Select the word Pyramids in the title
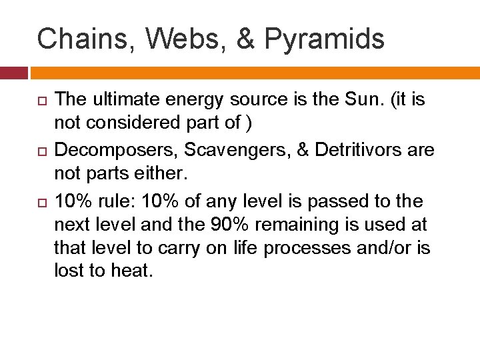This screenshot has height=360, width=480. (x=324, y=40)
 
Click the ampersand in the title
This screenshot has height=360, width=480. (x=245, y=39)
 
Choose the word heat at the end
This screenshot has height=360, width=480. (x=134, y=272)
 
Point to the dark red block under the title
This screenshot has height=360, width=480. (x=13, y=72)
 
